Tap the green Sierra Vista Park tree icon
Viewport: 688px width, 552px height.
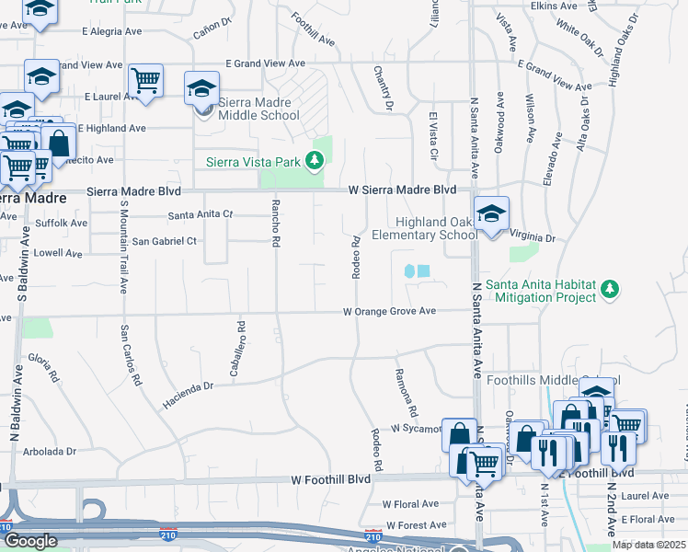pyautogui.click(x=315, y=163)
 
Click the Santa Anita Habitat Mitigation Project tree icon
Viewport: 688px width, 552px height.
pyautogui.click(x=608, y=291)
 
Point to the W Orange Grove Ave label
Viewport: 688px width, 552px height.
pyautogui.click(x=389, y=312)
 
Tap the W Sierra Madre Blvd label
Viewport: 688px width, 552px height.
pyautogui.click(x=402, y=190)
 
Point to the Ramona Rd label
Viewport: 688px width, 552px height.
pyautogui.click(x=406, y=391)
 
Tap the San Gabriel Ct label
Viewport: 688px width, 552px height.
pyautogui.click(x=165, y=241)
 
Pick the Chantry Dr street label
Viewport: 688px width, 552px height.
pyautogui.click(x=383, y=89)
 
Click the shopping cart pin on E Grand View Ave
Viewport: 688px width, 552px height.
pyautogui.click(x=145, y=81)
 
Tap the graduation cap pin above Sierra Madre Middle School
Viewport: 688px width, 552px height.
pyautogui.click(x=202, y=90)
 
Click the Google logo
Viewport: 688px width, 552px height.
pyautogui.click(x=30, y=541)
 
